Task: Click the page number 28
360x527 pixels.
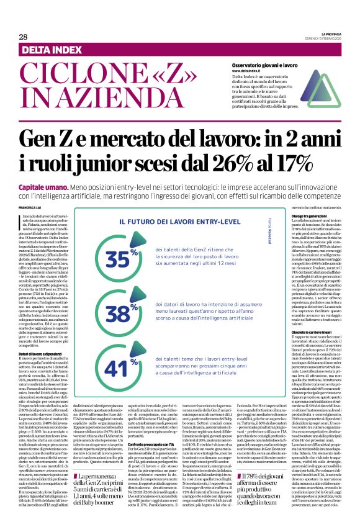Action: pyautogui.click(x=23, y=37)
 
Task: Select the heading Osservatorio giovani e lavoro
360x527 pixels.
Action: pyautogui.click(x=268, y=65)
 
